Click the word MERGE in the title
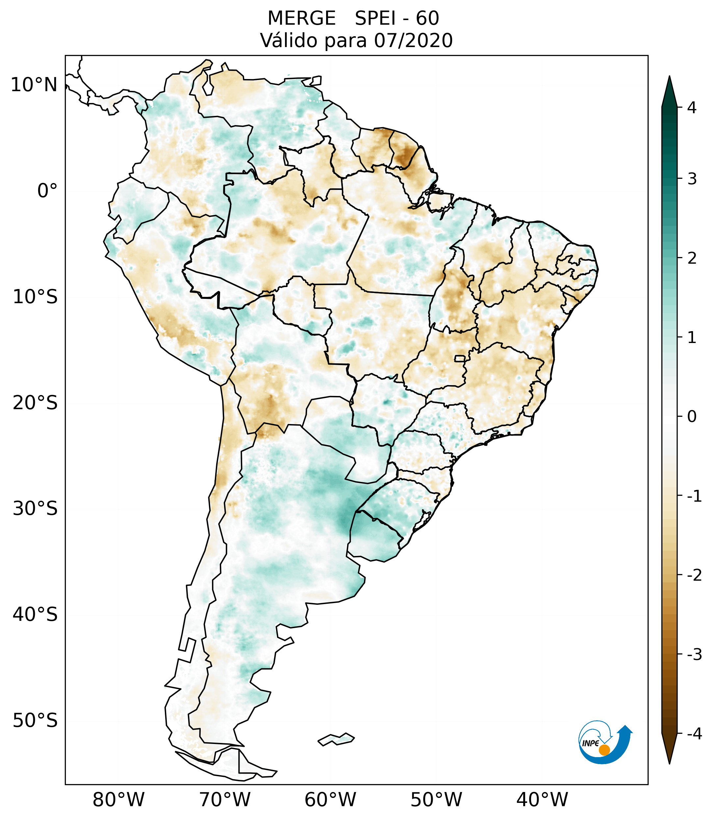click(301, 18)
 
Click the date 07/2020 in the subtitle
click(413, 40)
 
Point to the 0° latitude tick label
click(47, 191)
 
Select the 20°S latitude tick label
click(35, 403)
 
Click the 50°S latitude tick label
click(35, 721)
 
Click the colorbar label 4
click(692, 108)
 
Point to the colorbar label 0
click(692, 417)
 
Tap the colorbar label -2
click(694, 575)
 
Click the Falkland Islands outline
click(336, 739)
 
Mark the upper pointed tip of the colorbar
click(669, 77)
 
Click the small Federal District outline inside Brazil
click(460, 358)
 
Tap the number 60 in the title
click(427, 18)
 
